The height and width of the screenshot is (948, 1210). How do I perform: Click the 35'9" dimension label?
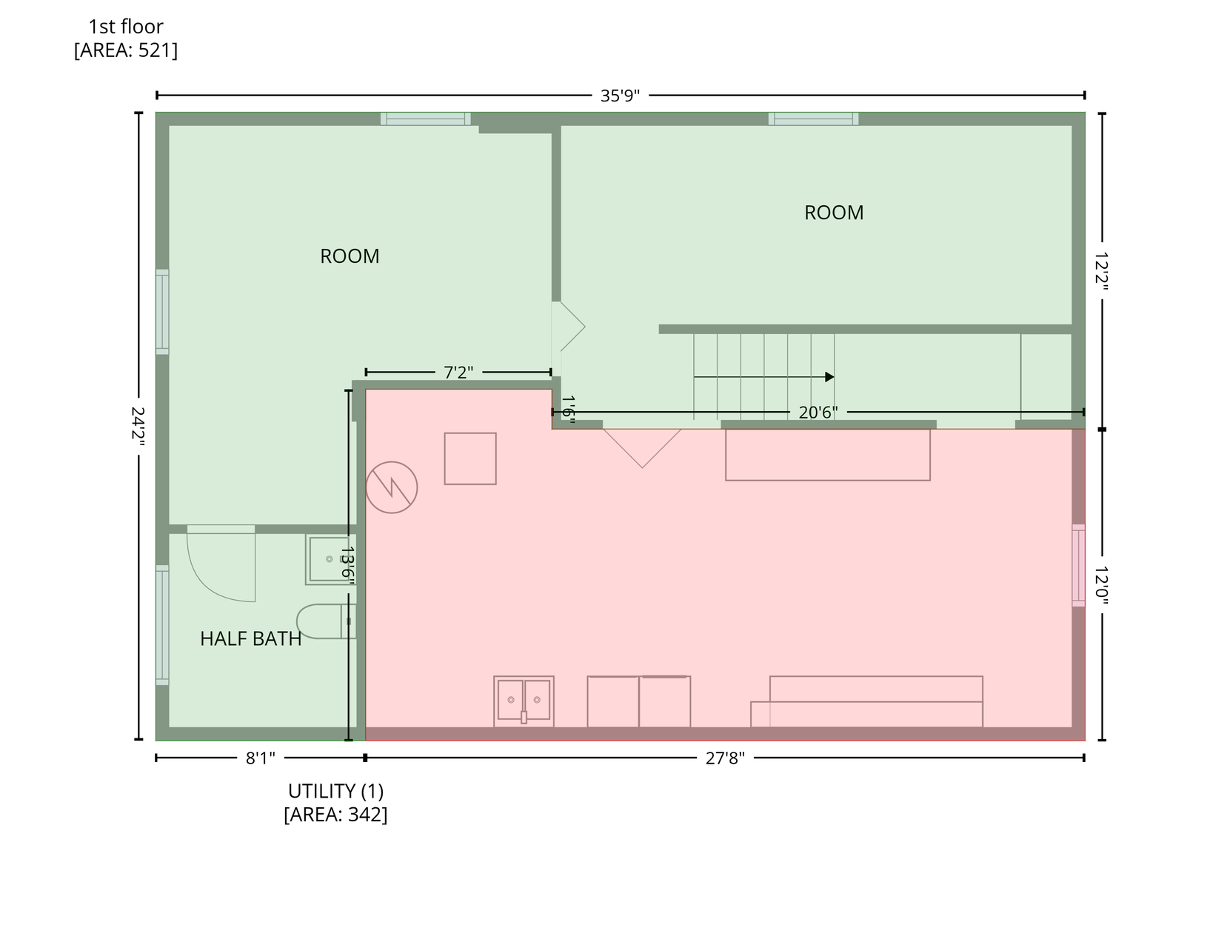(x=620, y=96)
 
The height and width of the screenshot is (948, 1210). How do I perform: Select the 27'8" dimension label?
(x=724, y=758)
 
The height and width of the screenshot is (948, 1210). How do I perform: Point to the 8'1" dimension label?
(x=261, y=758)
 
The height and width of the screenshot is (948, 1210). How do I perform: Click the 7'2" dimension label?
(x=458, y=373)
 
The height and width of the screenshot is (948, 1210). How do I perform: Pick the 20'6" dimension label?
(x=818, y=413)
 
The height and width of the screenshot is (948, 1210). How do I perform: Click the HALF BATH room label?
(x=250, y=639)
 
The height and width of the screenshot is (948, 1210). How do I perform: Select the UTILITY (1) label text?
(x=335, y=791)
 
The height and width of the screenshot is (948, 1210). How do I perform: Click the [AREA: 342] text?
(x=335, y=815)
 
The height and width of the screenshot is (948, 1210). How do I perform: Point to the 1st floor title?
(x=126, y=27)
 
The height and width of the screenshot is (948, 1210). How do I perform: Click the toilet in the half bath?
(x=327, y=621)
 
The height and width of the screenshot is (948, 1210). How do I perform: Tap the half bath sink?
(x=329, y=559)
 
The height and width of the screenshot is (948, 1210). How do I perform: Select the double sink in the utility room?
(x=524, y=701)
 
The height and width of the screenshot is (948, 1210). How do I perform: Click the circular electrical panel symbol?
(x=392, y=487)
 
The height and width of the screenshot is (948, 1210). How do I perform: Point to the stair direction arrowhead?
(x=829, y=378)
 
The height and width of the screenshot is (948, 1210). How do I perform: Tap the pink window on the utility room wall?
(x=1079, y=565)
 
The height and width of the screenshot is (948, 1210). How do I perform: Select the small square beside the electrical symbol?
(x=470, y=458)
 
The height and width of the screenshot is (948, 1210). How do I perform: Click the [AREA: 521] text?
(x=126, y=50)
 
